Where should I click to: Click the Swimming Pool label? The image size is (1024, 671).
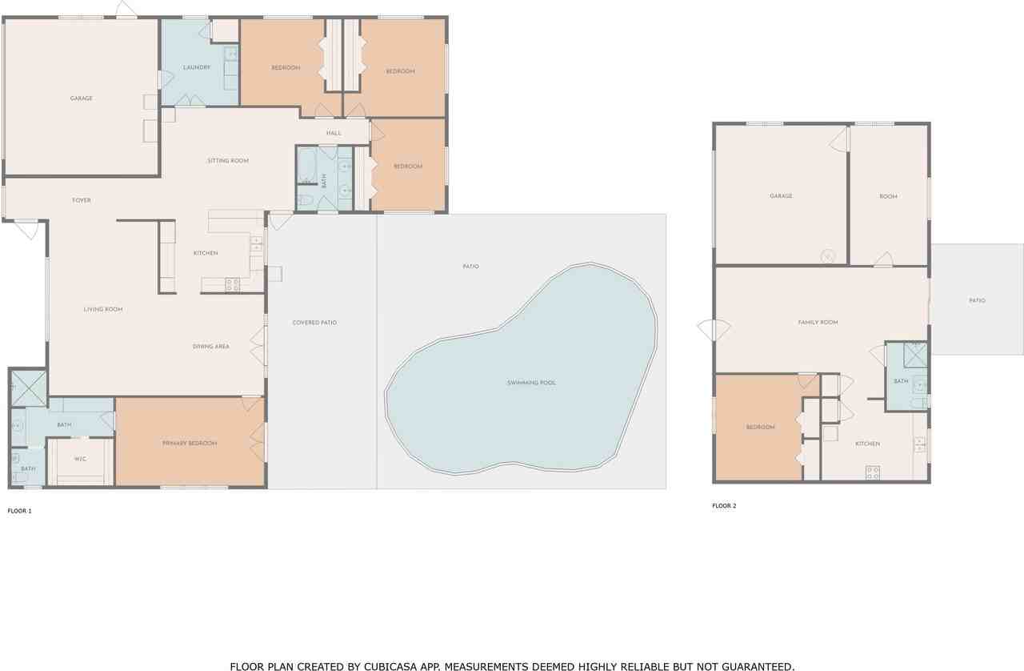pos(531,383)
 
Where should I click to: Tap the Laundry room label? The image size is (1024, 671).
pos(196,67)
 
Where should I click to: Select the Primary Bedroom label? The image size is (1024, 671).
pos(190,444)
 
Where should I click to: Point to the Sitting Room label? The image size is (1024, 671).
pos(228,161)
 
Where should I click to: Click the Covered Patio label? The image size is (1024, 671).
pos(314,323)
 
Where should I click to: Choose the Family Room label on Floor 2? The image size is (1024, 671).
pos(818,323)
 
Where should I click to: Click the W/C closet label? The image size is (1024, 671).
pos(80,459)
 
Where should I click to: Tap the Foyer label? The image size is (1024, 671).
pos(82,200)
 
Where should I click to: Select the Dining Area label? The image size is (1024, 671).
pos(211,347)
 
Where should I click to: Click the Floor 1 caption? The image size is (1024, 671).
pos(19,510)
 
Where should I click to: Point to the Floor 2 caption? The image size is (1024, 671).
pos(724,506)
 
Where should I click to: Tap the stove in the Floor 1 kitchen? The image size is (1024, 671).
pos(232,283)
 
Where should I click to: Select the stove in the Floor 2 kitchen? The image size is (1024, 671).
pos(873,472)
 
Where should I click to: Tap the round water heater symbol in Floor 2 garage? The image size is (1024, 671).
pos(828,256)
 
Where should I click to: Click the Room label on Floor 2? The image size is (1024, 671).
pos(888,196)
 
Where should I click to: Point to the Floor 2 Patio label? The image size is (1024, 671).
pos(977,301)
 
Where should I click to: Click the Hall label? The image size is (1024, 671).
pos(334,133)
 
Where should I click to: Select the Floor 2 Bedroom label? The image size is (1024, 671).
pos(760,428)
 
